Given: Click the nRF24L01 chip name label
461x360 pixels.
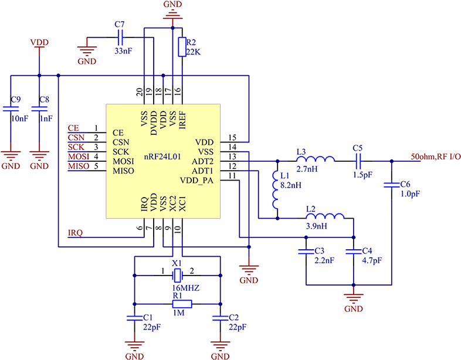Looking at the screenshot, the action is [x=162, y=157].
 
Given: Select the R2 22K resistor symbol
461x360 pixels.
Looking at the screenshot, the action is [x=182, y=47].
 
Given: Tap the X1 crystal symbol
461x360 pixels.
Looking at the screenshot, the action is [x=177, y=276].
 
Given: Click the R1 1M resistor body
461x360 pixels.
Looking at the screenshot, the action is [x=182, y=304].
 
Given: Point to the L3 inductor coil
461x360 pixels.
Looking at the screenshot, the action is [x=315, y=159].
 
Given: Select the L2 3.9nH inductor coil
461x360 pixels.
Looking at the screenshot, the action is [x=325, y=216].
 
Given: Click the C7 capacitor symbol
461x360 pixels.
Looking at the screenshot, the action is [x=120, y=38].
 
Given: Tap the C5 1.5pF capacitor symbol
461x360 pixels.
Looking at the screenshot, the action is [x=358, y=161].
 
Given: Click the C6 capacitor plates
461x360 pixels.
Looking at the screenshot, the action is [x=392, y=185].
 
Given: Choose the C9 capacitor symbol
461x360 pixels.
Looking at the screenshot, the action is [x=11, y=108].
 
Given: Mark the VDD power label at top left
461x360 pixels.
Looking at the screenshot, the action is [x=39, y=42].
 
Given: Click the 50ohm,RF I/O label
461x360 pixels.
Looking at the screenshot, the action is [x=436, y=157].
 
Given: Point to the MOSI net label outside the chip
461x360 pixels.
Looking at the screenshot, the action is [x=79, y=157].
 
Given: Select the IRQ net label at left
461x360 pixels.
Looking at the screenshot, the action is [x=75, y=233].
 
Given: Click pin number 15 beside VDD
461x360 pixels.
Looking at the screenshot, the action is [x=232, y=137].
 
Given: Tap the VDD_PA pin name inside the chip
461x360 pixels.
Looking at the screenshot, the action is [x=196, y=180].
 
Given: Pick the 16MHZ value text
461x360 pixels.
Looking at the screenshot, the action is [x=185, y=288].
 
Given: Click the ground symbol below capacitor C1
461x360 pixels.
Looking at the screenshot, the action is [x=135, y=345].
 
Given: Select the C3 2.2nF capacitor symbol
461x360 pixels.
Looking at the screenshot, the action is [x=306, y=252].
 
